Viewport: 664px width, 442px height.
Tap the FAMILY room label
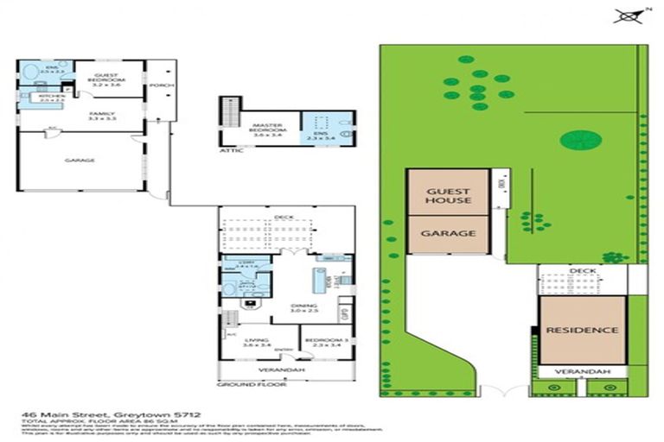[80, 113]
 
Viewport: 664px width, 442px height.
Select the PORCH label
[162, 85]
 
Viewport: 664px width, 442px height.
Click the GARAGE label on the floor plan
[80, 160]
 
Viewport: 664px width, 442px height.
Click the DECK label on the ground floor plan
[285, 218]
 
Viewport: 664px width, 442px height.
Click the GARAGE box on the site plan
[447, 233]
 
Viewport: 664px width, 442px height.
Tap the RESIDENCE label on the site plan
[582, 330]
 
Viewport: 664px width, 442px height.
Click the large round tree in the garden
[576, 139]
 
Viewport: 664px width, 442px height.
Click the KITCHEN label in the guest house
[41, 98]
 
